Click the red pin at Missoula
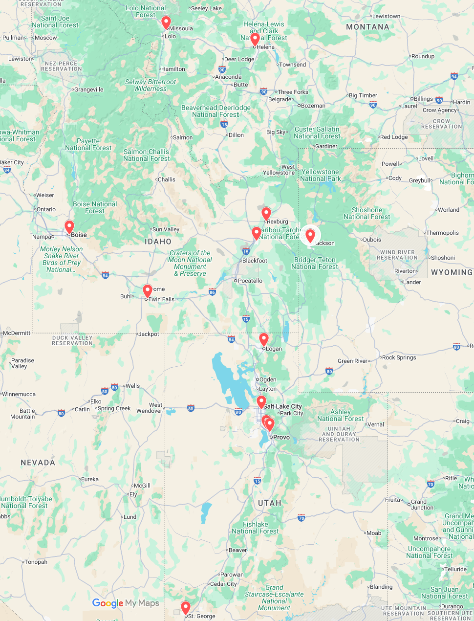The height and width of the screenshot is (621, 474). [x=166, y=22]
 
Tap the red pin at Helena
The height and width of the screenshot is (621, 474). [x=255, y=39]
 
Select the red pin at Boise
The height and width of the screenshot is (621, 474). [x=69, y=227]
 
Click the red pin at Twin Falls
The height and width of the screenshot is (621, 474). [x=147, y=291]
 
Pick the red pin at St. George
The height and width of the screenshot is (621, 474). [x=186, y=607]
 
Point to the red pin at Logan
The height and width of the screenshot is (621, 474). [x=264, y=339]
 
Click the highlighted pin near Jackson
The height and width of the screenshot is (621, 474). [x=310, y=235]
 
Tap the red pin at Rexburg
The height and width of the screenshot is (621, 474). [x=266, y=214]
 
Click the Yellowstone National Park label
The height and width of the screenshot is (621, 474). [x=320, y=175]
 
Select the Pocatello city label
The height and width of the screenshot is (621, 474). [x=250, y=281]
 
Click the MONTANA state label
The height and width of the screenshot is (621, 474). [x=367, y=27]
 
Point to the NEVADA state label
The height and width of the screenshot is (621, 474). [x=38, y=463]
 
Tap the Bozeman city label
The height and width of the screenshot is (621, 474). [x=313, y=106]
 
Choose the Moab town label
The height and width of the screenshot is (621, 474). [x=374, y=533]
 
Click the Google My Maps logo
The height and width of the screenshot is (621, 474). [x=126, y=603]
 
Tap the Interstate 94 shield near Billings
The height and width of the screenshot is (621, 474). [x=454, y=76]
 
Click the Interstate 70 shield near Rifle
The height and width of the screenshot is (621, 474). [x=431, y=484]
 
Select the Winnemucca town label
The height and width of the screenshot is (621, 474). [x=19, y=394]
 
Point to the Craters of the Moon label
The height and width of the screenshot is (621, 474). [x=190, y=263]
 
